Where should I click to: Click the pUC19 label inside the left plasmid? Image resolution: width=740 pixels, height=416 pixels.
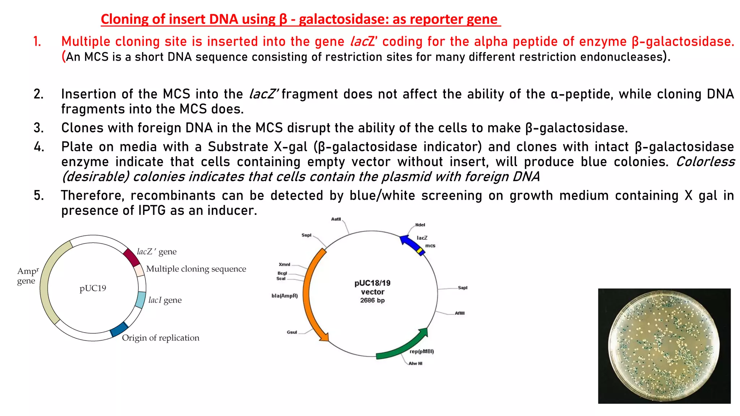click(93, 288)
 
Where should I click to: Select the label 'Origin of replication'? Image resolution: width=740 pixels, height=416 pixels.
click(160, 338)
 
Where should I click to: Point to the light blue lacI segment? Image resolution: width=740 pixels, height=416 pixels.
click(140, 299)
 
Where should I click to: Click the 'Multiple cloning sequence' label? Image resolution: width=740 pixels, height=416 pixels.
click(196, 269)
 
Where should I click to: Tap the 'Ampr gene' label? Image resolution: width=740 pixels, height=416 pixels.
click(27, 276)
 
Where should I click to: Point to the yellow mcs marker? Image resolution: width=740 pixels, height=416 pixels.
click(420, 250)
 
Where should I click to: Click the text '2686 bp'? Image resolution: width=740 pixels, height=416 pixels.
click(372, 300)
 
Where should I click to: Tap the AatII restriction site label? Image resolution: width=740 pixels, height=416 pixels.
click(336, 219)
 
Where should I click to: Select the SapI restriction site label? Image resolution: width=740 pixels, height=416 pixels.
click(462, 288)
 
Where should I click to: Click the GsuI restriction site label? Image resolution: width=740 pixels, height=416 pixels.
click(292, 332)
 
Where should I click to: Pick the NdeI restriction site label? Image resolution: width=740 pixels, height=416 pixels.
click(420, 225)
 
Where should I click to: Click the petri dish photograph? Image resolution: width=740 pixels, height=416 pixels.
click(664, 346)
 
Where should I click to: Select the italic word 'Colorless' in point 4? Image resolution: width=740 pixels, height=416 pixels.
click(705, 161)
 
